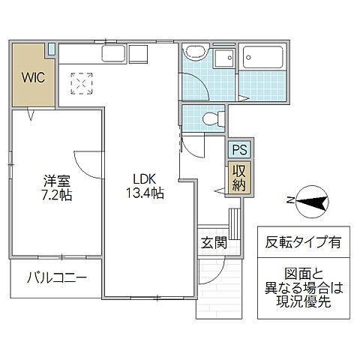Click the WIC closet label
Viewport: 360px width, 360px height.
point(32,76)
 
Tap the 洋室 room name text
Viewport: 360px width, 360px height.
point(56,180)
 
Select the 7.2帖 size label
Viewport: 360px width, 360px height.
point(56,195)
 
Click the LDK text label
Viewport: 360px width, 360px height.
point(145,179)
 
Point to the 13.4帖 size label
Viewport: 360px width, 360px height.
point(145,194)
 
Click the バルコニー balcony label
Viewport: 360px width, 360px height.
point(56,277)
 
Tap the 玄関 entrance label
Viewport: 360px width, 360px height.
point(213,243)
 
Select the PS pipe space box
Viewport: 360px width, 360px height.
point(239,149)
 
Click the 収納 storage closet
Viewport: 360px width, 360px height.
point(238,178)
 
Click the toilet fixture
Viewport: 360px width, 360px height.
point(212,118)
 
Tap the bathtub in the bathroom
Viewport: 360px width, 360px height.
point(262,58)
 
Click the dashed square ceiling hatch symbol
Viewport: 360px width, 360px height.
point(81,83)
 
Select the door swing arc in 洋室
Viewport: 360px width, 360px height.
point(88,163)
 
